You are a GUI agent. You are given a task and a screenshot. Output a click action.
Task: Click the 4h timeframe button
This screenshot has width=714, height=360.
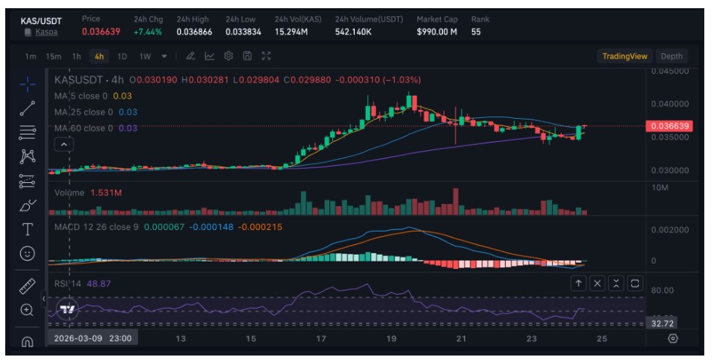pos(99,56)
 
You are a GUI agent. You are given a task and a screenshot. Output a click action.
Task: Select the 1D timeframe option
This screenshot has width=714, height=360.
pos(122,56)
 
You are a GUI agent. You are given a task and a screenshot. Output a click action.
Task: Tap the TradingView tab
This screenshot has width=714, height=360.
pos(624,56)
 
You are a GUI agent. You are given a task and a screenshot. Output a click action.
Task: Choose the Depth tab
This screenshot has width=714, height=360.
pos(671,56)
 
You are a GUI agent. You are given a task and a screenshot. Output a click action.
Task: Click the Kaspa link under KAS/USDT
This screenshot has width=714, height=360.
pos(46,32)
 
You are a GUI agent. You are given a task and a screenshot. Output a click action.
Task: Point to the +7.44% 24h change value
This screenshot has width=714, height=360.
pos(147,32)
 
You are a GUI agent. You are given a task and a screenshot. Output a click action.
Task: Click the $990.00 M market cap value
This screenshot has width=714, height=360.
pos(436,32)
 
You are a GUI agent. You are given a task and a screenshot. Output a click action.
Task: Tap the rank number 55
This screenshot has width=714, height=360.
pos(476,32)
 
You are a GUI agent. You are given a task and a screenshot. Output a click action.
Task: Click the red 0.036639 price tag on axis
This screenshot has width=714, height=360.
pos(673,126)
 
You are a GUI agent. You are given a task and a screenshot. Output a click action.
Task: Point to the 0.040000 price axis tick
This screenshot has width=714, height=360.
pos(669,104)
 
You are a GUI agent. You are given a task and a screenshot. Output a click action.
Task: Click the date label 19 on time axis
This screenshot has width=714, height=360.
pos(391,338)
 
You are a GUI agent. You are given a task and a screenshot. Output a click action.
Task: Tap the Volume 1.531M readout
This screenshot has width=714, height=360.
pos(88,193)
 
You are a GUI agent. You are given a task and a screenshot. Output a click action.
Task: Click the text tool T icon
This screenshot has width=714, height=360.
pos(28,229)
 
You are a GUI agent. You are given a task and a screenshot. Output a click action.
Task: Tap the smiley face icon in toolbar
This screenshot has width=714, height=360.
pos(28,254)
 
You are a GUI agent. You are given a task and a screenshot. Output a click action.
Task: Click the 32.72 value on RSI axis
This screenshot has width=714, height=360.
pos(663,323)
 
